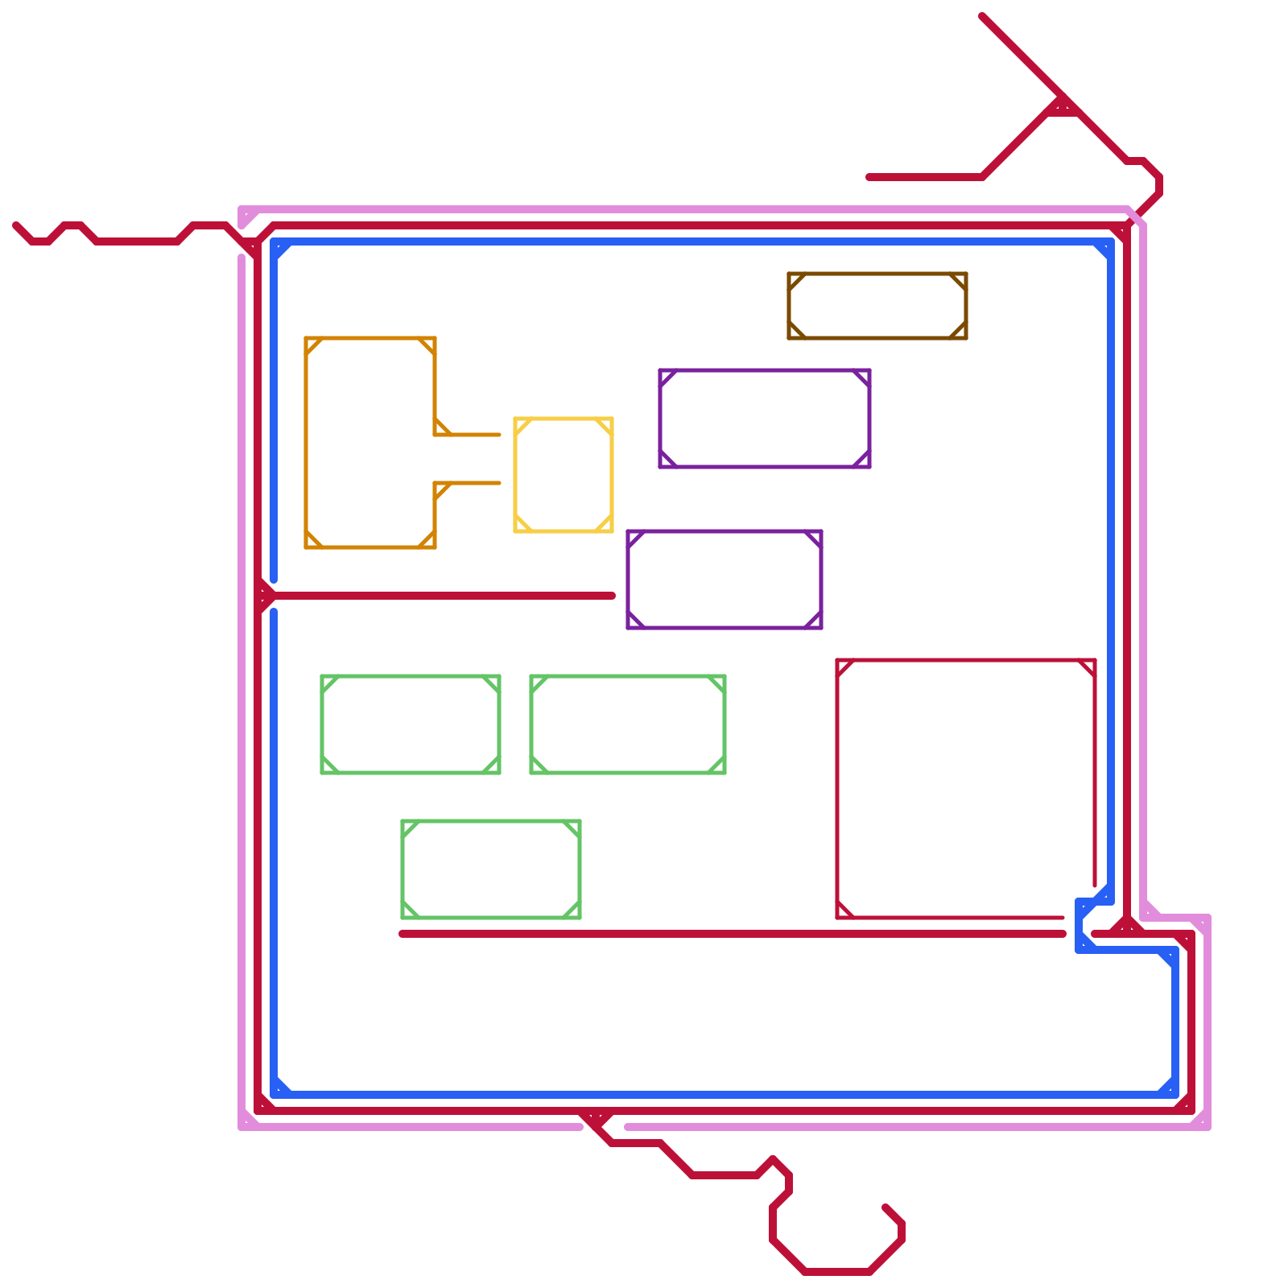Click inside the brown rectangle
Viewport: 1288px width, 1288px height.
(877, 306)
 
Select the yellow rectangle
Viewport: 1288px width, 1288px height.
(563, 475)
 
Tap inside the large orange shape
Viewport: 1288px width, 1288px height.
(370, 443)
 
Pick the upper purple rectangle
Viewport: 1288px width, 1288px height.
(765, 419)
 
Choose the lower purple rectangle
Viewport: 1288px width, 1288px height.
(724, 580)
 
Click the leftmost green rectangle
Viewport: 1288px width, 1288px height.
(411, 724)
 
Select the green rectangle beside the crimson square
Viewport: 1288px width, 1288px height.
(628, 724)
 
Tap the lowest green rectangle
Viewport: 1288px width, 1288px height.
(491, 869)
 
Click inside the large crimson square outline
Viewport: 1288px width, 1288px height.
(966, 789)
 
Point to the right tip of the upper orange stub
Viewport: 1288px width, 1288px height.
(499, 435)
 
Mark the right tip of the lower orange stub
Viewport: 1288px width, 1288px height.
(499, 483)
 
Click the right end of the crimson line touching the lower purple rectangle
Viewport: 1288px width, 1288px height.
(613, 596)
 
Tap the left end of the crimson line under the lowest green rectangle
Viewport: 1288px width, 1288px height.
(402, 934)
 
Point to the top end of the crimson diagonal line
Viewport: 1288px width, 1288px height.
(982, 16)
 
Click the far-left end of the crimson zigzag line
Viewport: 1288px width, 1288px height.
(16, 225)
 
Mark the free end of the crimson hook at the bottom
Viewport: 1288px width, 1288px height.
(885, 1207)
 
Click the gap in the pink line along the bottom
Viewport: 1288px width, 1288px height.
(604, 1127)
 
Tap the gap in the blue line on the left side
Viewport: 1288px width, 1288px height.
(274, 596)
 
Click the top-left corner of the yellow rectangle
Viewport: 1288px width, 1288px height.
(516, 419)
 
